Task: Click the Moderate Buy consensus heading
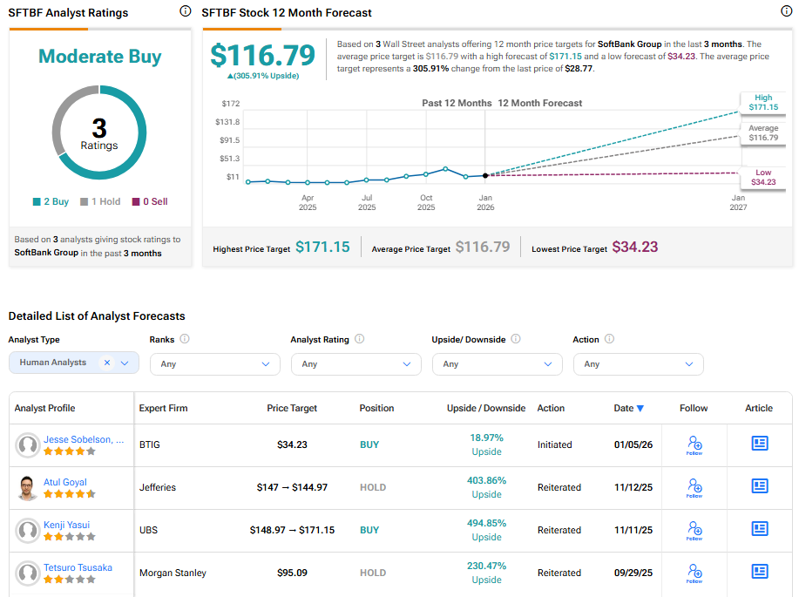click(99, 58)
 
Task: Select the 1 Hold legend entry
click(100, 201)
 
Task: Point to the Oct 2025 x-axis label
click(426, 203)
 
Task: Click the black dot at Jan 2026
click(485, 175)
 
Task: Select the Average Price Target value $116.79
click(482, 248)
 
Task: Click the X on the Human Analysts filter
click(106, 363)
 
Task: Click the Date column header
click(628, 408)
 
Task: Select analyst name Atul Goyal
click(65, 482)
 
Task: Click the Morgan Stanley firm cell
click(173, 573)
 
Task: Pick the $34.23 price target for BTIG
click(292, 444)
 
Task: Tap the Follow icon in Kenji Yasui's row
click(694, 529)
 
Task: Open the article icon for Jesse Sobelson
click(759, 444)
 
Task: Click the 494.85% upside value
click(486, 523)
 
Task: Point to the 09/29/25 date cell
click(632, 573)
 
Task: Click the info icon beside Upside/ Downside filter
click(516, 339)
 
